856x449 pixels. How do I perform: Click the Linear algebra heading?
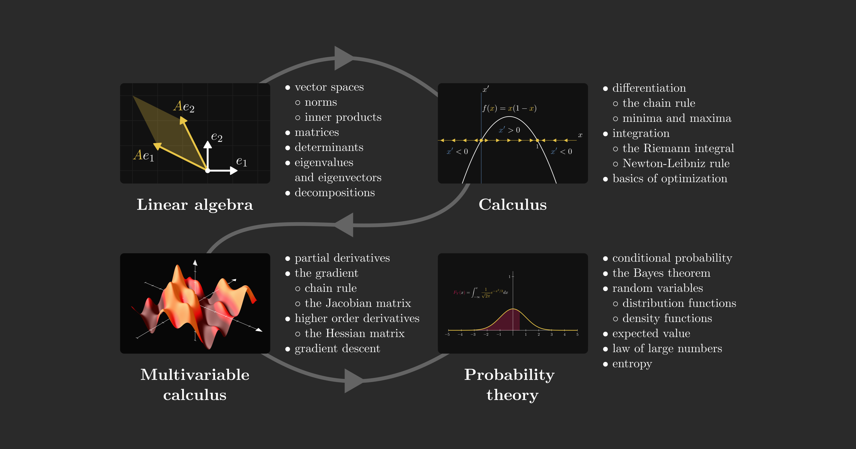pos(195,205)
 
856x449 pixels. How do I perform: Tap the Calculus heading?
pos(512,205)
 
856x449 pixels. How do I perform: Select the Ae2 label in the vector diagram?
pos(184,106)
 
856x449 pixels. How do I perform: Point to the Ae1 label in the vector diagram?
pos(144,155)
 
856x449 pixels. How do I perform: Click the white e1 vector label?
pos(242,162)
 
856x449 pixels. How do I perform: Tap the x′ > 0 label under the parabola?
pos(509,130)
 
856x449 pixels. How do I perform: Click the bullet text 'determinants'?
pos(329,147)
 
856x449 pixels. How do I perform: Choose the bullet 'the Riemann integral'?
pos(678,148)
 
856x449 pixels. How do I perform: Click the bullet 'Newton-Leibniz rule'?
pos(676,163)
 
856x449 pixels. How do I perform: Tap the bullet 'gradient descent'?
pos(337,348)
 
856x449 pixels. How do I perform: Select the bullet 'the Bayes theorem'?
pos(661,273)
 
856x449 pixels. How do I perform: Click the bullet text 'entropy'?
pos(632,364)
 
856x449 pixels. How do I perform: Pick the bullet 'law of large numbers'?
pos(667,348)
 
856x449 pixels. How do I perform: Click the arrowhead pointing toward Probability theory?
pos(354,381)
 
